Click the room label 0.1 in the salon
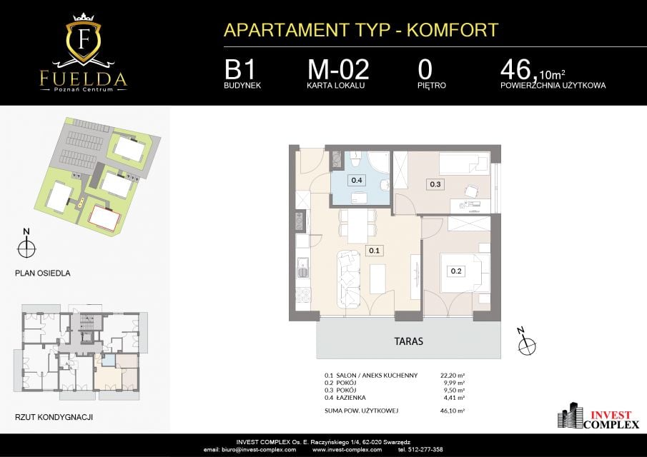click(374, 250)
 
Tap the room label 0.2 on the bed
click(456, 271)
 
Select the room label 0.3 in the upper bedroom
click(435, 184)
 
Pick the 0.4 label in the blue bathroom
click(357, 180)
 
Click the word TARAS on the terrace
click(408, 341)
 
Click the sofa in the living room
click(349, 279)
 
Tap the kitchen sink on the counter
click(303, 268)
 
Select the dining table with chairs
click(357, 226)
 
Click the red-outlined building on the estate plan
click(104, 218)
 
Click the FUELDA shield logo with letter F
click(84, 40)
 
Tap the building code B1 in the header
click(240, 69)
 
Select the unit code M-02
click(338, 69)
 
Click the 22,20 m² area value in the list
click(453, 376)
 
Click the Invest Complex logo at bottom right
click(598, 416)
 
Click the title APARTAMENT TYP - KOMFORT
click(361, 30)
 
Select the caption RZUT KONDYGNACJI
click(54, 417)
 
